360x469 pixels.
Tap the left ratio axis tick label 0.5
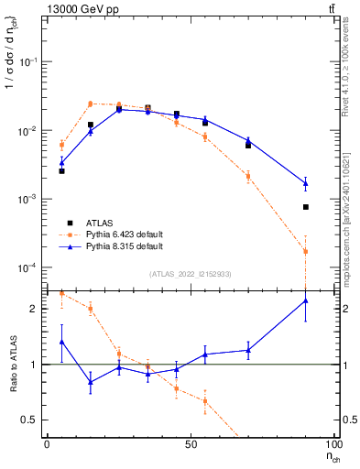(x=33, y=420)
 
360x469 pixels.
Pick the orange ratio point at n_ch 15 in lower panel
(x=91, y=309)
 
